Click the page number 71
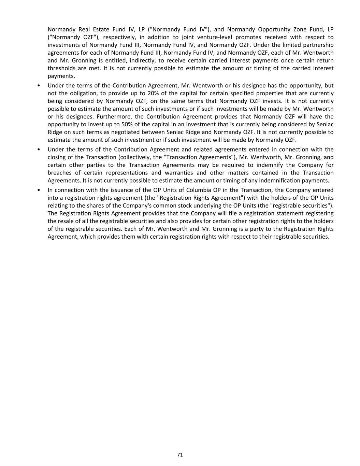(x=180, y=454)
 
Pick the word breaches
(x=59, y=173)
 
